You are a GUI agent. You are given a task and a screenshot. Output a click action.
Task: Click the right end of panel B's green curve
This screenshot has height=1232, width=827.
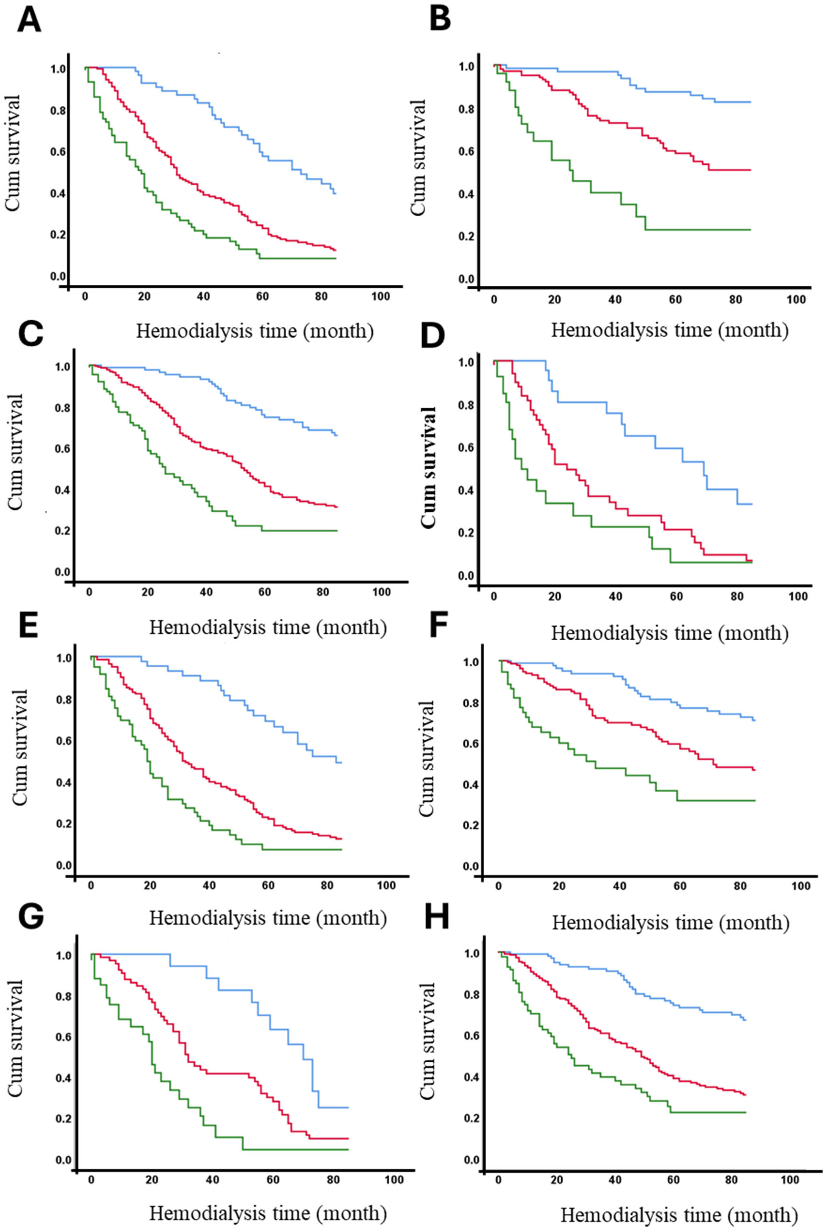tap(749, 230)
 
